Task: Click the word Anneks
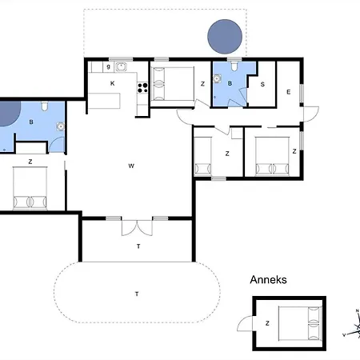268,280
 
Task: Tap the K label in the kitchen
113,83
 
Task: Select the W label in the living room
131,166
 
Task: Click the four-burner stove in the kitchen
142,88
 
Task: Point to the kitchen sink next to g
121,66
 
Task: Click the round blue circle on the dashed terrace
225,37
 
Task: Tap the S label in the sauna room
262,84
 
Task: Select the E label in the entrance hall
288,92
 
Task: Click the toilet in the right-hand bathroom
234,66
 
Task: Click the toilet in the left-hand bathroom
45,106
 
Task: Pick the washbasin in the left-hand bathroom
61,126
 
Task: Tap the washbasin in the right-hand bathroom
217,78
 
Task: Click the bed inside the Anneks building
299,323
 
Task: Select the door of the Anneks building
245,324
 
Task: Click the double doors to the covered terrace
137,228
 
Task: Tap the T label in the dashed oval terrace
137,294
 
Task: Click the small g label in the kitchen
108,66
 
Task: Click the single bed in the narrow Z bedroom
203,156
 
